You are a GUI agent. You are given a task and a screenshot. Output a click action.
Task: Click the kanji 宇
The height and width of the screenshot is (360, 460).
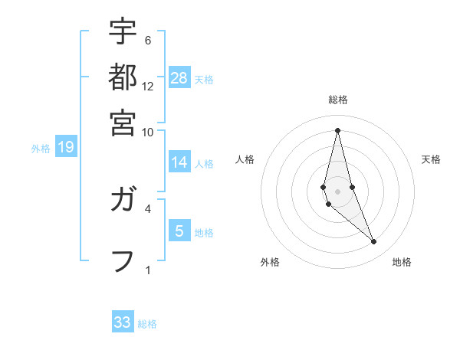tap(123, 32)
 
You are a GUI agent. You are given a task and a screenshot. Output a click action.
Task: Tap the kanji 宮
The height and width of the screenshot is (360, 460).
tap(123, 122)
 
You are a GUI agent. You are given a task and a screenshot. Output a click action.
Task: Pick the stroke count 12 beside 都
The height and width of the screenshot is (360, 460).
tap(148, 86)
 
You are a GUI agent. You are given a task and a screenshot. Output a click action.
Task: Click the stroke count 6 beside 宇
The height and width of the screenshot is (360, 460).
tap(148, 40)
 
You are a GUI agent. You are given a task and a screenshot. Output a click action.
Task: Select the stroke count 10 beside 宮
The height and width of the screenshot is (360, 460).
tap(148, 132)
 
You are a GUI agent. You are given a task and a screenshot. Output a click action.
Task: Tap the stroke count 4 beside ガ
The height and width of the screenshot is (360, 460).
tap(148, 208)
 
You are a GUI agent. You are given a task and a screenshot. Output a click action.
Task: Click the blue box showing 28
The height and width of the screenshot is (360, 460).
tap(179, 77)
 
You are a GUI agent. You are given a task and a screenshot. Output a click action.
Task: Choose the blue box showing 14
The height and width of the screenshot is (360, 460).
tap(179, 162)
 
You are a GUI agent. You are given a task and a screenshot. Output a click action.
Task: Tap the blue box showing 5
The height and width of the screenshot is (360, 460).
tap(179, 231)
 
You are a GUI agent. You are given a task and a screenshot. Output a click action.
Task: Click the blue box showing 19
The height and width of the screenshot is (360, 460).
tap(66, 147)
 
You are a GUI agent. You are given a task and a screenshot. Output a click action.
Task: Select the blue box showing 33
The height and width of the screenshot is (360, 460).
tap(123, 322)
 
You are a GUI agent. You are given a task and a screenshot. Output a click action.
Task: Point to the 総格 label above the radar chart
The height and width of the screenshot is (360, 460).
tap(337, 100)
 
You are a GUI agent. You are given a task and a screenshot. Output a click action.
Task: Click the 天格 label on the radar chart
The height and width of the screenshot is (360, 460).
tap(432, 159)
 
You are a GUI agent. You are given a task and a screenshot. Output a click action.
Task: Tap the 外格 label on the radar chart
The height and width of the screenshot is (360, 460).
tap(270, 263)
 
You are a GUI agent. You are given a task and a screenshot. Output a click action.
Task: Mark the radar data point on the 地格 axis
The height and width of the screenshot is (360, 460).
tap(374, 241)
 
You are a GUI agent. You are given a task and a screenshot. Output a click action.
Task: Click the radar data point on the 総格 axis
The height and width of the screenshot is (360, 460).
tap(337, 130)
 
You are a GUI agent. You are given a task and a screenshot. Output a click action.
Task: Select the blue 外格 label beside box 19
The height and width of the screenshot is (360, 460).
tap(41, 149)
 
